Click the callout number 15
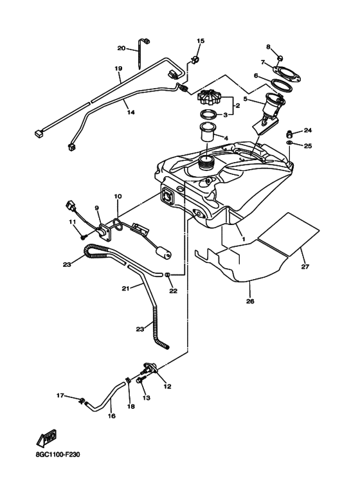(x=201, y=41)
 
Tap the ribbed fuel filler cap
(x=208, y=97)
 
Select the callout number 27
(x=305, y=267)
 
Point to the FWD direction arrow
(x=46, y=438)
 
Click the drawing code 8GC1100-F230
(x=58, y=455)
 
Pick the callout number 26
(x=250, y=301)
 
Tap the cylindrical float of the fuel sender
(x=163, y=253)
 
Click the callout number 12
(x=167, y=386)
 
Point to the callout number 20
(x=122, y=48)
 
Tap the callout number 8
(x=269, y=47)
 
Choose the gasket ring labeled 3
(x=208, y=114)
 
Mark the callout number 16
(x=112, y=416)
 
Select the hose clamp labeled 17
(x=82, y=401)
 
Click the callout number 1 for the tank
(x=244, y=239)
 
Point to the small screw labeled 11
(x=84, y=236)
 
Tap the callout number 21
(x=126, y=289)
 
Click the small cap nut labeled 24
(x=289, y=133)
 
